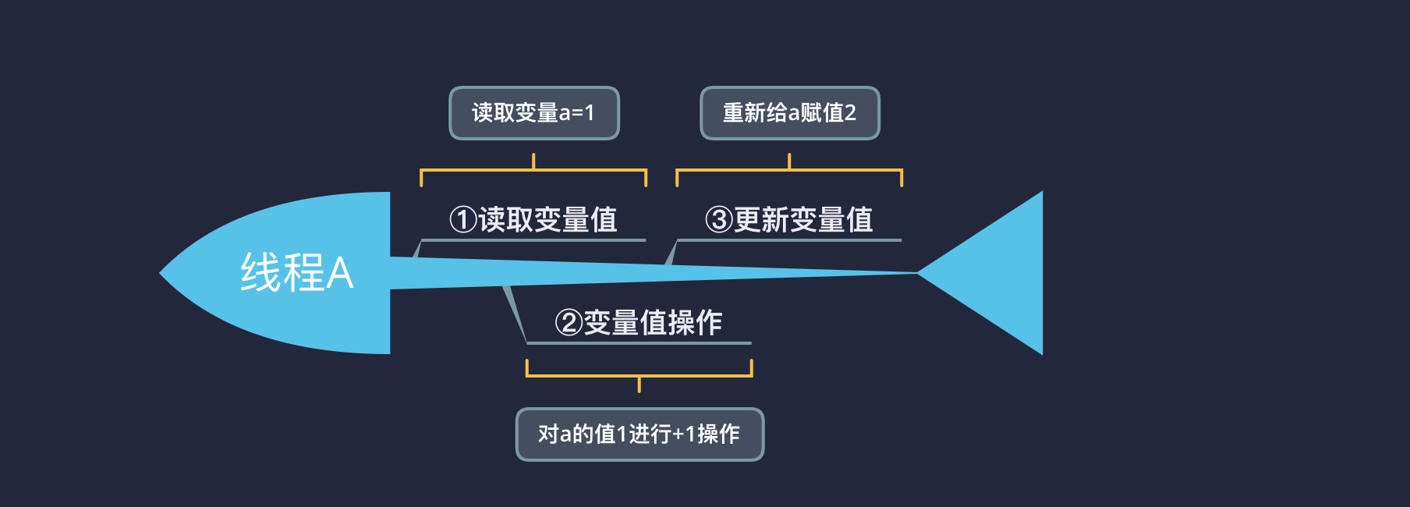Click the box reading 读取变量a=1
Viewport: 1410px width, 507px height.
533,113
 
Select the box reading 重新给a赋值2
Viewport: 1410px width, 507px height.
789,113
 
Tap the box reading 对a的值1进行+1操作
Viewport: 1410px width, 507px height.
639,434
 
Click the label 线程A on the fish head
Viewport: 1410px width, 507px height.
296,273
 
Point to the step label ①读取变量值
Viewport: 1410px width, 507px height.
533,220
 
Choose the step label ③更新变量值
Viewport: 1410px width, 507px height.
789,220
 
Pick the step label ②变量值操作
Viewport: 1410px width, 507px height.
639,323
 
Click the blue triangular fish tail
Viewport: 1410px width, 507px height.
998,273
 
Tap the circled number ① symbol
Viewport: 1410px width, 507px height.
462,220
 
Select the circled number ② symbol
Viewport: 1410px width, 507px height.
569,323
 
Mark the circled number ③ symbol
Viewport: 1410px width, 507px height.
718,220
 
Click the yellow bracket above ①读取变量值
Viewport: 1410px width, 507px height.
533,169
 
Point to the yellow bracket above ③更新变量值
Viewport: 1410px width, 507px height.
789,169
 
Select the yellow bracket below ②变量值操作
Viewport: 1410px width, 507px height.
639,376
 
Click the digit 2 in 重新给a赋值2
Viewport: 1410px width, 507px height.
850,113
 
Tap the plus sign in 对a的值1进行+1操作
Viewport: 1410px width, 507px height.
678,434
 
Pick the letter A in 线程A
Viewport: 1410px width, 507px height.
340,274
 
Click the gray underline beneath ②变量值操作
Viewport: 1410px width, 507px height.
639,342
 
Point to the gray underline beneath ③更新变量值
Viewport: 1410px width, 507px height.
789,239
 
